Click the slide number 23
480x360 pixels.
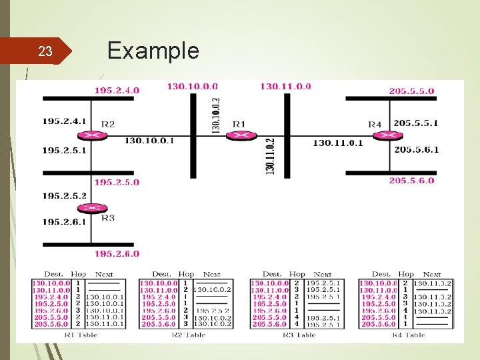pyautogui.click(x=45, y=51)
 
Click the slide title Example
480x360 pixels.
pyautogui.click(x=153, y=51)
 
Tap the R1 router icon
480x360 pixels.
pyautogui.click(x=237, y=135)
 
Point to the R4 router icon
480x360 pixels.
pyautogui.click(x=382, y=135)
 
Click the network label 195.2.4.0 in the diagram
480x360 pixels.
pyautogui.click(x=117, y=90)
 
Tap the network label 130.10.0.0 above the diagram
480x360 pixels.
pyautogui.click(x=192, y=86)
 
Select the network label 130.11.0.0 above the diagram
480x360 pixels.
pyautogui.click(x=285, y=86)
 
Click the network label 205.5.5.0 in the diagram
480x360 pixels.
pyautogui.click(x=411, y=91)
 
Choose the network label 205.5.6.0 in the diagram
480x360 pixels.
pyautogui.click(x=411, y=181)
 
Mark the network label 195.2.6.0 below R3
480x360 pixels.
pyautogui.click(x=117, y=253)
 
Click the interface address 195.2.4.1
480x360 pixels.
pyautogui.click(x=64, y=121)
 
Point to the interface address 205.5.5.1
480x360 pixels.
pyautogui.click(x=416, y=123)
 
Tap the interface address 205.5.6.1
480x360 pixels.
pyautogui.click(x=416, y=149)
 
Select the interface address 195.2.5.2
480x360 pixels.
pyautogui.click(x=64, y=196)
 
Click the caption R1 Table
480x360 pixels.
pyautogui.click(x=80, y=335)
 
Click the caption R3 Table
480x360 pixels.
pyautogui.click(x=295, y=335)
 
